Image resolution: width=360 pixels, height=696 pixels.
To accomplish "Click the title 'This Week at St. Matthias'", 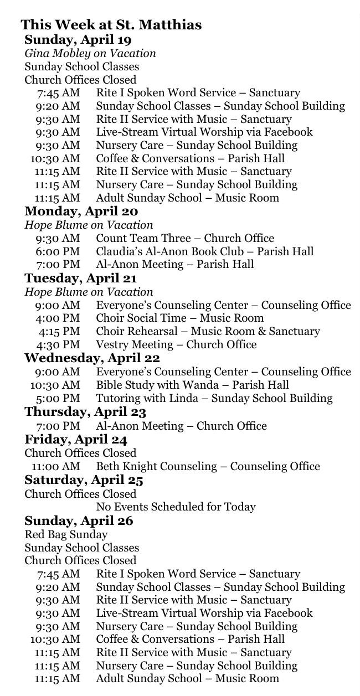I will tap(111, 25).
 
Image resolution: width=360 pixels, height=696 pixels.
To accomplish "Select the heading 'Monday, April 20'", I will tap(81, 211).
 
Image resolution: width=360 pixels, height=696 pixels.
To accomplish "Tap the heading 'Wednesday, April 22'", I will tap(92, 358).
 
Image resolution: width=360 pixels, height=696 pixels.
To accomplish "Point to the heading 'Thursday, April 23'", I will tap(85, 412).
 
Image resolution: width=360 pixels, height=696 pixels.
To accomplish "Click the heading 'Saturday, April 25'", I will tap(84, 480).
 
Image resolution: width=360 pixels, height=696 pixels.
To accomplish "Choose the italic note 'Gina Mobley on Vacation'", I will tap(90, 53).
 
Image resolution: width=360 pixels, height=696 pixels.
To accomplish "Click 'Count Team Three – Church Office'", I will tap(185, 238).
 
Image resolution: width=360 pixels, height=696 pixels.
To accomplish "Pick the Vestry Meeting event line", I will tap(176, 344).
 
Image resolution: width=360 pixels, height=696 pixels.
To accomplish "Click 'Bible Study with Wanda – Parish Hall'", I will tap(192, 385).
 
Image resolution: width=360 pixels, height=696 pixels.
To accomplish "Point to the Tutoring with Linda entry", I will tap(214, 398).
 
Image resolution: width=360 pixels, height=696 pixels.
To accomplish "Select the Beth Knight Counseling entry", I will tap(208, 466).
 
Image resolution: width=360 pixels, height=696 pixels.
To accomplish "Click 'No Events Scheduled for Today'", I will tap(176, 507).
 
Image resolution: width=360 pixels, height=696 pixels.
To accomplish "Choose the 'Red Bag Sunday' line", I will tap(66, 534).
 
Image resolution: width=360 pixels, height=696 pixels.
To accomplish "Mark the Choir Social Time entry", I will tap(179, 318).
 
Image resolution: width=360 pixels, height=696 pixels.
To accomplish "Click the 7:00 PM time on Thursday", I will tap(58, 426).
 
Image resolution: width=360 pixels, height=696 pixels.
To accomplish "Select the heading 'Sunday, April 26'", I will tap(79, 521).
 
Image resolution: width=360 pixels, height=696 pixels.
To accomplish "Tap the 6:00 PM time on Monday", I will tap(58, 251).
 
